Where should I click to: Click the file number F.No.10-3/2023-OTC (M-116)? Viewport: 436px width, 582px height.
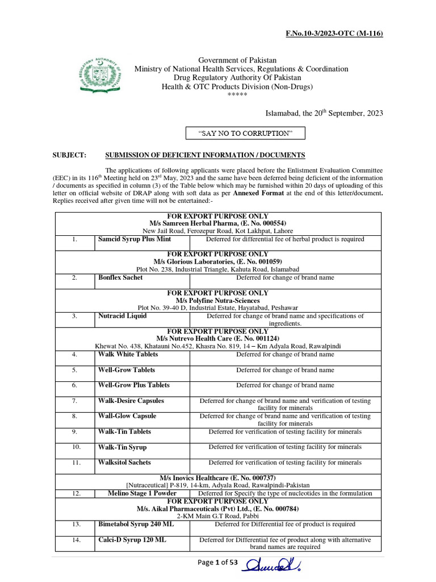[x=334, y=34]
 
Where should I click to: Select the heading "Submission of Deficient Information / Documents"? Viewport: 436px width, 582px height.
[x=206, y=155]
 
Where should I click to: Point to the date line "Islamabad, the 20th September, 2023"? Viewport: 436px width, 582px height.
[x=325, y=113]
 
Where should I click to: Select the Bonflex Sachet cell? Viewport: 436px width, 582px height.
[x=120, y=277]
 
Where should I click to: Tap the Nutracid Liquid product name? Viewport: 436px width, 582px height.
[x=122, y=315]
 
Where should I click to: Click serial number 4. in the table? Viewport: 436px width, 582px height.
[x=74, y=355]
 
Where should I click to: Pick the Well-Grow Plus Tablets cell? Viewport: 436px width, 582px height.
[x=133, y=385]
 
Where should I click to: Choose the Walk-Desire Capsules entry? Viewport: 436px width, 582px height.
[x=131, y=401]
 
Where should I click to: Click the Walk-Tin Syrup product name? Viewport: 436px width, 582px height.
[x=123, y=447]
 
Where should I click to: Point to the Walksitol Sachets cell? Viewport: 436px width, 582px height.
[x=124, y=463]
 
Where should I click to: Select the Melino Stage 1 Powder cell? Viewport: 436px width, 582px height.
[x=142, y=493]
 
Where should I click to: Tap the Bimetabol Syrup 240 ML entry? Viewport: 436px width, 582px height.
[x=136, y=524]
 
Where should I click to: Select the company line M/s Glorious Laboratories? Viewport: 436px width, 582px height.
[x=217, y=261]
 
